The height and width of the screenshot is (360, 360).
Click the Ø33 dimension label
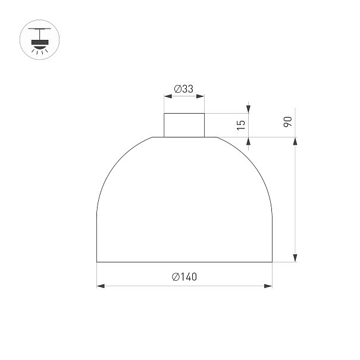coord(184,89)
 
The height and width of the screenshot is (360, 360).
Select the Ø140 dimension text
coord(184,277)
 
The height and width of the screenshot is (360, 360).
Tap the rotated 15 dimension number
coord(241,125)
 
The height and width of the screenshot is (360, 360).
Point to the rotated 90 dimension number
coord(287,121)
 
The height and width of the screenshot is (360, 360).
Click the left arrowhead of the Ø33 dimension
coord(168,96)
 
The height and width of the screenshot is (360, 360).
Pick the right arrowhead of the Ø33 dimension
coord(201,96)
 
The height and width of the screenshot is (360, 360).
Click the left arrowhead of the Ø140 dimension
coord(101,286)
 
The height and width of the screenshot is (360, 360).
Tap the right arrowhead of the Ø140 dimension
coord(268,286)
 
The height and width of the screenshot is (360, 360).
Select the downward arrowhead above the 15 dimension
coord(248,109)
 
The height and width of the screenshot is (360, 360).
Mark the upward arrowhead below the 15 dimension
coord(248,141)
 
